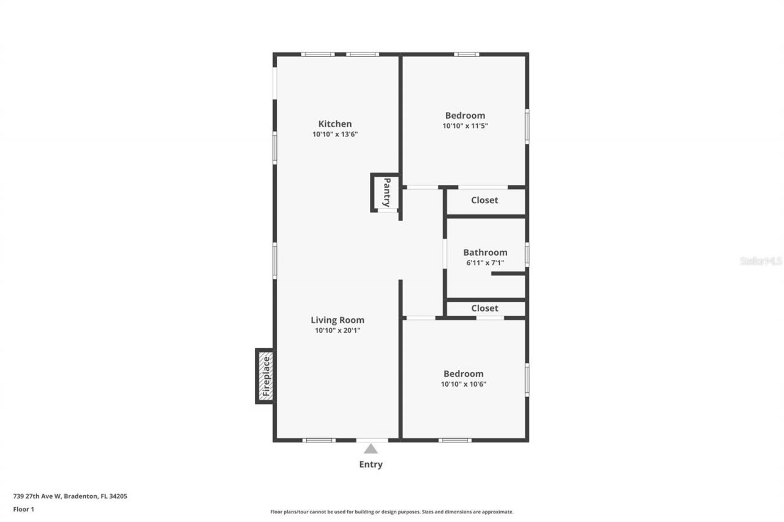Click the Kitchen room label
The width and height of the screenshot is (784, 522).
click(x=334, y=124)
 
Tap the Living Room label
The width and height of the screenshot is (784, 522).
click(x=337, y=320)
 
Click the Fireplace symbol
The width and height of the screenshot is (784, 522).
click(x=265, y=376)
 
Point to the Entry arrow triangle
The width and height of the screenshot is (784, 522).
click(x=371, y=449)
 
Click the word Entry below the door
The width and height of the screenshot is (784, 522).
click(x=371, y=464)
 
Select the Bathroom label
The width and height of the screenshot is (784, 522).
click(x=485, y=252)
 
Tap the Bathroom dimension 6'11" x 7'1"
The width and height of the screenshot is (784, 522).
click(x=485, y=263)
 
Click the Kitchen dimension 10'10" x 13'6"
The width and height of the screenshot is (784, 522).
click(x=334, y=134)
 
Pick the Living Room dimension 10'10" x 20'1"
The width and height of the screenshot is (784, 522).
click(x=337, y=330)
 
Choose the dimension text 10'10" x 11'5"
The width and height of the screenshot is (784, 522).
click(x=465, y=126)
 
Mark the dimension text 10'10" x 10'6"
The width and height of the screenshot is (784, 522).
click(x=464, y=384)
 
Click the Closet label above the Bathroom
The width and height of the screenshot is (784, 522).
click(x=484, y=200)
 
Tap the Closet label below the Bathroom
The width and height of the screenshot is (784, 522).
click(x=484, y=308)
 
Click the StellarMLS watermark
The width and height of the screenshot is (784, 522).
click(x=761, y=261)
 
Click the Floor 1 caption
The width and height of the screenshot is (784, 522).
click(x=24, y=509)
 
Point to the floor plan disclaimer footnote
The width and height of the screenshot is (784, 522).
click(x=392, y=512)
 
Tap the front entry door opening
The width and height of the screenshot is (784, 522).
click(x=372, y=440)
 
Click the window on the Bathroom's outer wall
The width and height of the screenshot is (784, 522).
click(x=527, y=254)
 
